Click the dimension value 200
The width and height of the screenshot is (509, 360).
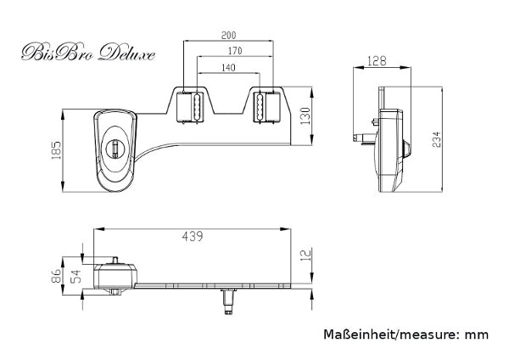(x=229, y=37)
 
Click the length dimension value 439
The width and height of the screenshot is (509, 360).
(x=193, y=237)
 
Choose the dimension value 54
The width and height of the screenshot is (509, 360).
(x=76, y=274)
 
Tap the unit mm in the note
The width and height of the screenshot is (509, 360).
(x=476, y=335)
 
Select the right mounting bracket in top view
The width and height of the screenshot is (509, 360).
(x=266, y=106)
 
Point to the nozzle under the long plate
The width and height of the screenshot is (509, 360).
(x=227, y=300)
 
